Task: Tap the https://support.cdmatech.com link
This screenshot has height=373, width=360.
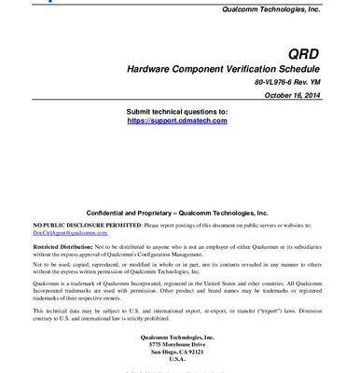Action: (176, 121)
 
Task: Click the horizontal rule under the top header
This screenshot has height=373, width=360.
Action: (180, 16)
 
